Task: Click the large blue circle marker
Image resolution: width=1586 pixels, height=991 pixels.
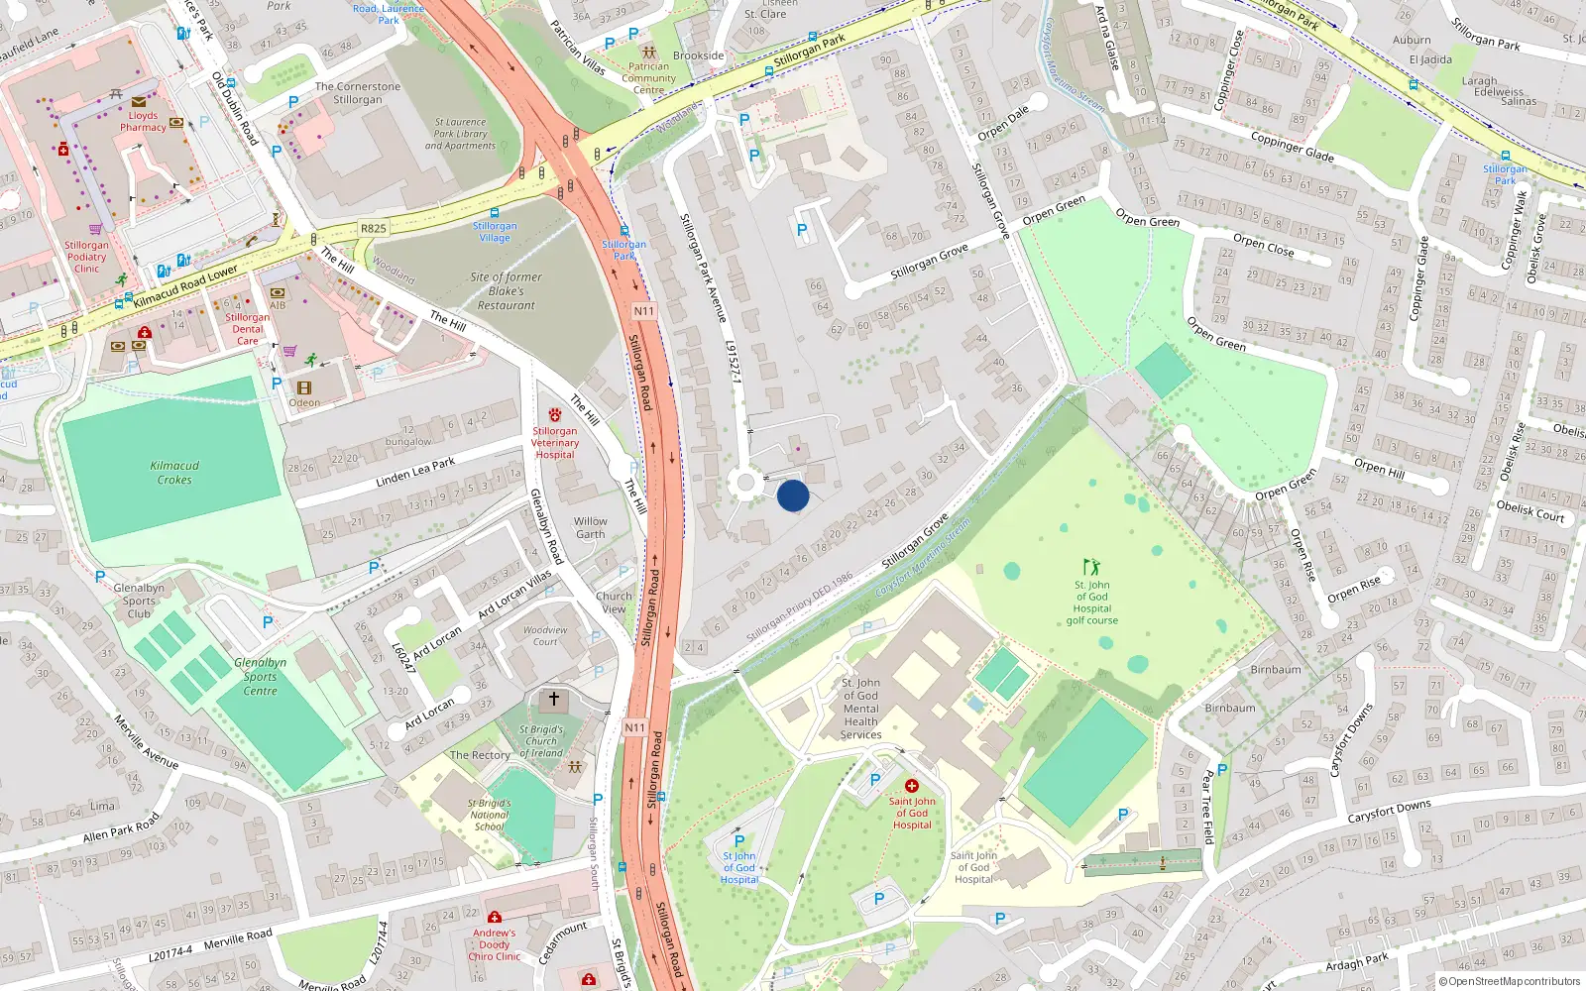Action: pyautogui.click(x=793, y=495)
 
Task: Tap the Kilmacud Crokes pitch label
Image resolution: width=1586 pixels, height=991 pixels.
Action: pyautogui.click(x=174, y=473)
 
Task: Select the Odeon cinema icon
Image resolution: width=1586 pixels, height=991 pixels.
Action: pyautogui.click(x=304, y=388)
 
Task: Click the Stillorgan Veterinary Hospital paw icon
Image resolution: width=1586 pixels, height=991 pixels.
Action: pyautogui.click(x=554, y=415)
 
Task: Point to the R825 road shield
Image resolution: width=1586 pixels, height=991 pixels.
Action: pyautogui.click(x=374, y=228)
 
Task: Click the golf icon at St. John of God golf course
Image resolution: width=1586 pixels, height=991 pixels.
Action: pyautogui.click(x=1091, y=567)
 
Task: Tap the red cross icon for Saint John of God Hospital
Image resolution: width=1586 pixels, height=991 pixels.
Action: pyautogui.click(x=912, y=786)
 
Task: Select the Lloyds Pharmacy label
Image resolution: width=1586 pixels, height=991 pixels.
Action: pyautogui.click(x=143, y=121)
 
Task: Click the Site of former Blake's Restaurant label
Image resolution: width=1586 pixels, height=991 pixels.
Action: pyautogui.click(x=506, y=291)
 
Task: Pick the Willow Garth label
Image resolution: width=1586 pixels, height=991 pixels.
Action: pyautogui.click(x=590, y=527)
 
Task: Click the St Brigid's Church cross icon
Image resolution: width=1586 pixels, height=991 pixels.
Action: pyautogui.click(x=553, y=700)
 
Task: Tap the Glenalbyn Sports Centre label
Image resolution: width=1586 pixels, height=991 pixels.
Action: pyautogui.click(x=260, y=677)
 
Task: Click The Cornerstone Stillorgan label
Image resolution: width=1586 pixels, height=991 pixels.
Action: pyautogui.click(x=358, y=93)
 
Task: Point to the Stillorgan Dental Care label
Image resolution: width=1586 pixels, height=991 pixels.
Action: pyautogui.click(x=247, y=329)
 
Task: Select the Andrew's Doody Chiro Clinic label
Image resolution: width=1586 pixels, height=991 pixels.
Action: pyautogui.click(x=494, y=944)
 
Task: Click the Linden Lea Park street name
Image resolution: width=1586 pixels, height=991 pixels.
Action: pyautogui.click(x=415, y=472)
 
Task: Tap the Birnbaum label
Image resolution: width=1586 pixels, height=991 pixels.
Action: pyautogui.click(x=1275, y=670)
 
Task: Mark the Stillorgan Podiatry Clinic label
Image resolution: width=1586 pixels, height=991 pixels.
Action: pyautogui.click(x=86, y=257)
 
